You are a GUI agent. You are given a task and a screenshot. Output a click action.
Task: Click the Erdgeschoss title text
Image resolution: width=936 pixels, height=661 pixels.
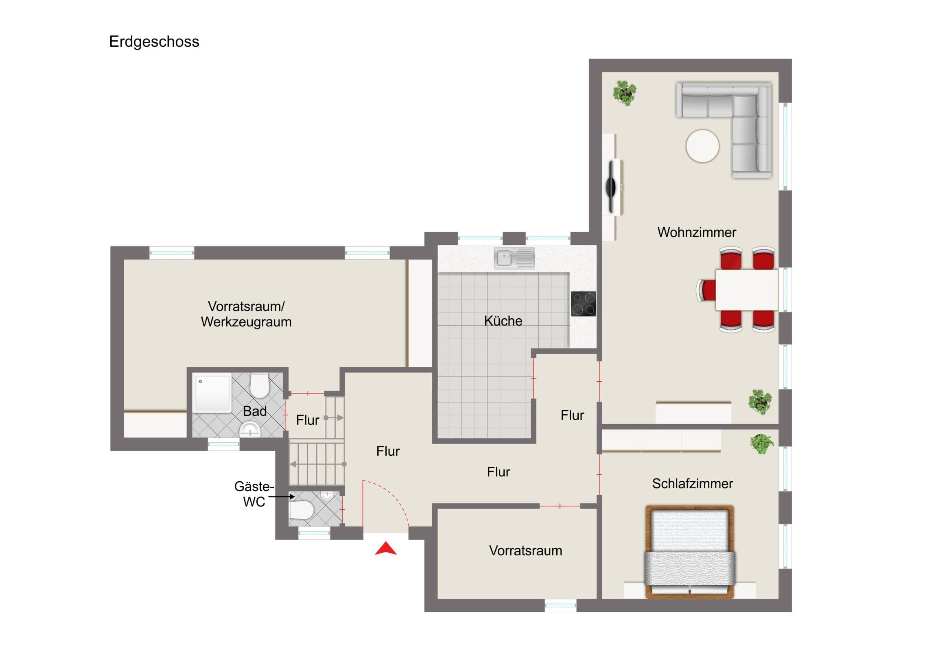tap(154, 42)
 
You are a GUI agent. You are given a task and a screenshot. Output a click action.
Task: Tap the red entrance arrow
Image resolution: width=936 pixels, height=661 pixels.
tap(386, 548)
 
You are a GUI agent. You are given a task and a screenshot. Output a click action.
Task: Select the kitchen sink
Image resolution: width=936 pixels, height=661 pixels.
tap(514, 258)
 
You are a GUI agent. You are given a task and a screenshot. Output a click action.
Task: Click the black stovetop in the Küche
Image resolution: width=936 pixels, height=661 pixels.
tap(583, 304)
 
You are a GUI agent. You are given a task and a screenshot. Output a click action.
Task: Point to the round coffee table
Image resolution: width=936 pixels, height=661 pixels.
tap(702, 146)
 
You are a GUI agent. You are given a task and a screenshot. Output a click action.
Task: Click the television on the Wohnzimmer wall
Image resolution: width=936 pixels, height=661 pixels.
tap(612, 187)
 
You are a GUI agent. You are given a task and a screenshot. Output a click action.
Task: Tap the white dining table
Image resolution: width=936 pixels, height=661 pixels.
tap(747, 290)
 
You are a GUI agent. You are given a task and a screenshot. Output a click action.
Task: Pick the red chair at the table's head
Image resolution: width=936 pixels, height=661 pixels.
tap(706, 290)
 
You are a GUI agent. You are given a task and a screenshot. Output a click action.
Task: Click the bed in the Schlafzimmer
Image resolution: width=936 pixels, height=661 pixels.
tap(690, 552)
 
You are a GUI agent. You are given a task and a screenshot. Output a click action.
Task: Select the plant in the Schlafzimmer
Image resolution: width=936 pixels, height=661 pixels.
tap(761, 444)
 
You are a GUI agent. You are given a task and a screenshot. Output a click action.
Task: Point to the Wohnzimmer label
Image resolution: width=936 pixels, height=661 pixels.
tap(697, 233)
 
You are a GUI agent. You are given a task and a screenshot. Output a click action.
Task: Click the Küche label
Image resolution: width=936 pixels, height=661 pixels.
tap(503, 321)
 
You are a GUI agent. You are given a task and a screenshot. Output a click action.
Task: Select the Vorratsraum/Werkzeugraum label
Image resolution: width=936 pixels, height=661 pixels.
tap(246, 314)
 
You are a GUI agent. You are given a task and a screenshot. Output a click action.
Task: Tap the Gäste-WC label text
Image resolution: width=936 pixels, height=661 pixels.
tap(254, 494)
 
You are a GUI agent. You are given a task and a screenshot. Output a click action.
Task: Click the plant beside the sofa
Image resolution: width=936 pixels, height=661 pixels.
tap(625, 93)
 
